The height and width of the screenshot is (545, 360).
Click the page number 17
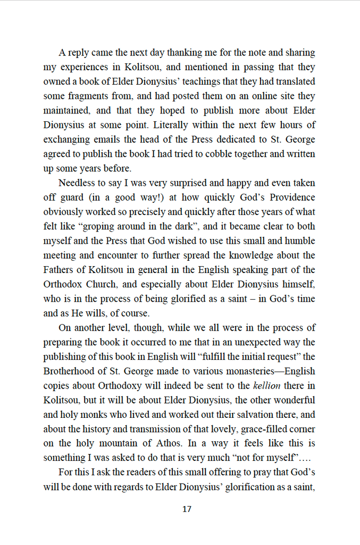click(x=186, y=509)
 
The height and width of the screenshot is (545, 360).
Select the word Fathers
click(x=60, y=270)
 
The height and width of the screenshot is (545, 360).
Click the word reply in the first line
click(x=78, y=53)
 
